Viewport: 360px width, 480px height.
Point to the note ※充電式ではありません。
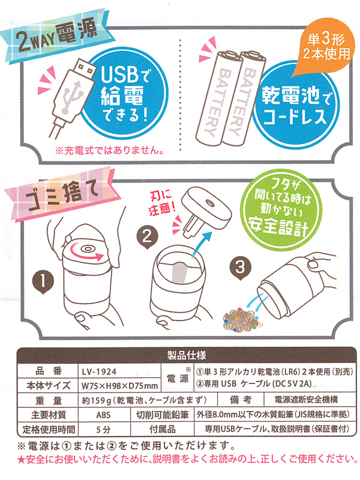[x=109, y=151]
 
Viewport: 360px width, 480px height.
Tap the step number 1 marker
[x=43, y=281]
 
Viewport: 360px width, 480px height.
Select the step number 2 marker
[x=147, y=238]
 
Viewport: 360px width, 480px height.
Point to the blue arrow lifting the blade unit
[x=202, y=243]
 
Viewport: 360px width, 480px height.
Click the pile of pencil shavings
[x=242, y=320]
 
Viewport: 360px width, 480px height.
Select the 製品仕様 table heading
[x=187, y=355]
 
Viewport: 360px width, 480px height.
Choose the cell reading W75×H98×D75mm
[x=120, y=385]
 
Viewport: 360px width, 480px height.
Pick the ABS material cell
[x=103, y=415]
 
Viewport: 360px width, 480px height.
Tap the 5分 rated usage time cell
[x=103, y=429]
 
